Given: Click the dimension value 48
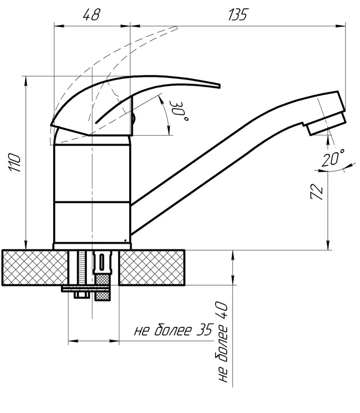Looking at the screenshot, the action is tap(91, 14).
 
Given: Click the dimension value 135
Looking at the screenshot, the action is tap(238, 14).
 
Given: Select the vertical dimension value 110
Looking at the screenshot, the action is tap(15, 163).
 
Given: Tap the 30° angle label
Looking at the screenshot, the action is tap(178, 110).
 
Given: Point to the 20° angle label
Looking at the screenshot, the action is tap(333, 158).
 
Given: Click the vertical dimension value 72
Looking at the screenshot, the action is tap(317, 192).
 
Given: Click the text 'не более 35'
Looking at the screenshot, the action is tap(174, 330).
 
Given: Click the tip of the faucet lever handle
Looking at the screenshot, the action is tap(220, 86).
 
